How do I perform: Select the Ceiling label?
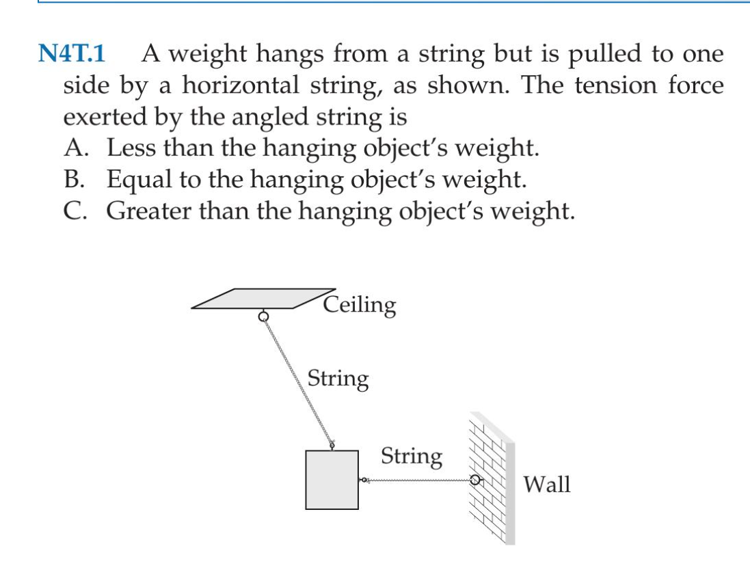(360, 304)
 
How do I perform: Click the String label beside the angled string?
(338, 379)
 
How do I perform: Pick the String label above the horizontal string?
(411, 456)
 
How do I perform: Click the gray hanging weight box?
(332, 479)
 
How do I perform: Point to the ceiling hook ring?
(263, 317)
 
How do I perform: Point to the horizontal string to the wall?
(418, 481)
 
